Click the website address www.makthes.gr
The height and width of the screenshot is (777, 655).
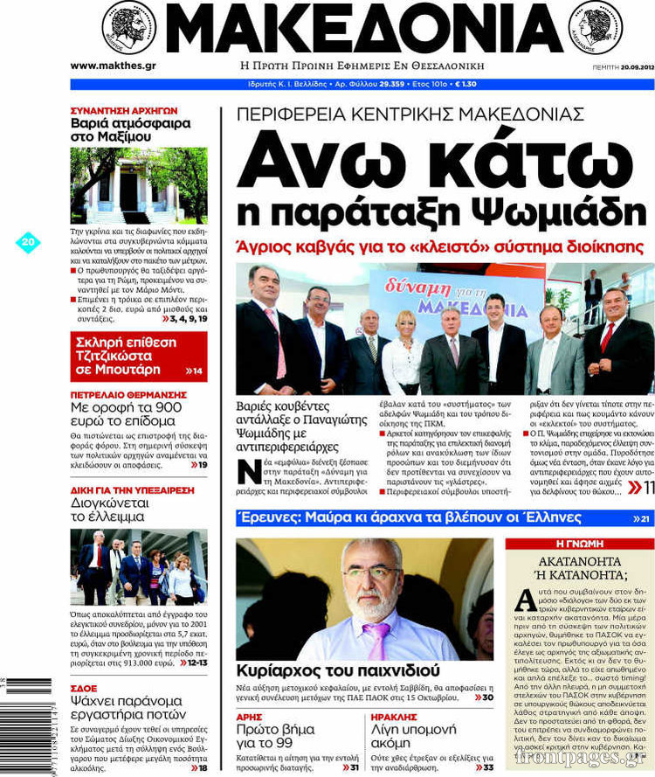pos(113,66)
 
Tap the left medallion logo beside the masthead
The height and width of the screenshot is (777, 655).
pos(128,27)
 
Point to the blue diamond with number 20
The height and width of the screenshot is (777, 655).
pos(28,242)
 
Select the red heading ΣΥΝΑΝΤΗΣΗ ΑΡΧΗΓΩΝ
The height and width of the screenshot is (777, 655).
pos(124,111)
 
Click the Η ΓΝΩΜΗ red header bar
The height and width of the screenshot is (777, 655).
pos(579,544)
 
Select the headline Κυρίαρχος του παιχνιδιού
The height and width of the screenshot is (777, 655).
pos(321,671)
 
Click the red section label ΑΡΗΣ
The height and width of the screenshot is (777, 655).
pos(250,716)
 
